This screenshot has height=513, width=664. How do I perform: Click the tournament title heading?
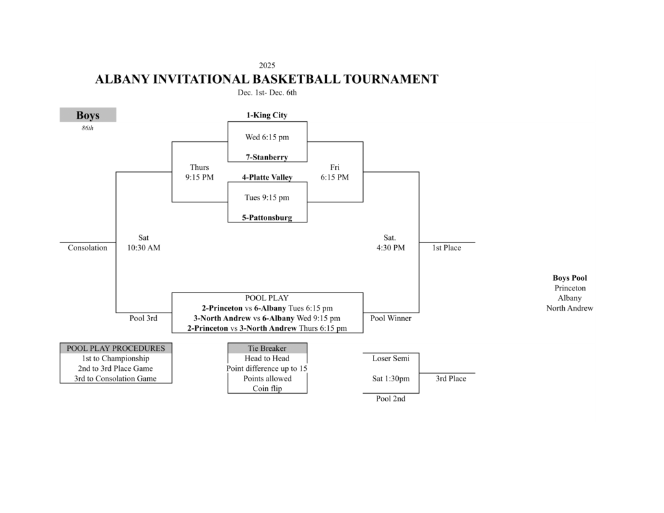[267, 80]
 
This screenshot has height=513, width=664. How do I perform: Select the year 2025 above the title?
[267, 65]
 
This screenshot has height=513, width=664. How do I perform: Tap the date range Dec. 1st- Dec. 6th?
[267, 93]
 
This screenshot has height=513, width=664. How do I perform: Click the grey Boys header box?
[88, 115]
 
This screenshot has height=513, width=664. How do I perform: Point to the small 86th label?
[88, 128]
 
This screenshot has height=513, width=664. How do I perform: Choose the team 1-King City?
[267, 115]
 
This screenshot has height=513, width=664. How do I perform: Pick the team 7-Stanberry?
[267, 157]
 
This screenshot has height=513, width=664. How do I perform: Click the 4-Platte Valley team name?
[267, 177]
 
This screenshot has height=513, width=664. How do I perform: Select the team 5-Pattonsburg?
[267, 218]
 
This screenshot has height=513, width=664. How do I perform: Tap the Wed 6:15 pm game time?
[267, 137]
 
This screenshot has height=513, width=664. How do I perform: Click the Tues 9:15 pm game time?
[267, 198]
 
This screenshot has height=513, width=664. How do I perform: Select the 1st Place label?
[447, 248]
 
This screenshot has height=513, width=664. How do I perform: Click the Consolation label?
[88, 248]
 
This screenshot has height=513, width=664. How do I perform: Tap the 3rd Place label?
[451, 379]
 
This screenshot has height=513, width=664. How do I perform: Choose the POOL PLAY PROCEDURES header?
[115, 348]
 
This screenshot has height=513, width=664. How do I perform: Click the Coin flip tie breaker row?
[267, 388]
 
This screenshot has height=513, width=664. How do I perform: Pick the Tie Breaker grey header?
[267, 348]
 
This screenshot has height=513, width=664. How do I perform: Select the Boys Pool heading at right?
[569, 278]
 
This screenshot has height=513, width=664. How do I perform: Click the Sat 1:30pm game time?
[390, 379]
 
